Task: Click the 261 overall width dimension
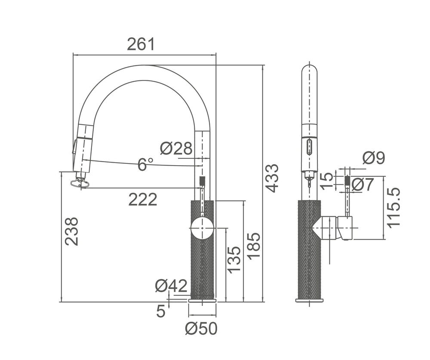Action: coord(140,44)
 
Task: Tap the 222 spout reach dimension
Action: coord(143,199)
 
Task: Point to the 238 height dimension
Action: coord(72,231)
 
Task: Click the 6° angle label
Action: coord(145,164)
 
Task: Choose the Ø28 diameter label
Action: coord(176,148)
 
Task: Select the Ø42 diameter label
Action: coord(171,285)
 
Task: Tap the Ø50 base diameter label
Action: coord(201,329)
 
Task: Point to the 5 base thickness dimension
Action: coord(160,311)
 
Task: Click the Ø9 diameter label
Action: coord(374,158)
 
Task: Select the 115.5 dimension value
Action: coord(393,207)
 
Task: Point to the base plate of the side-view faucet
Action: coord(309,300)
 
